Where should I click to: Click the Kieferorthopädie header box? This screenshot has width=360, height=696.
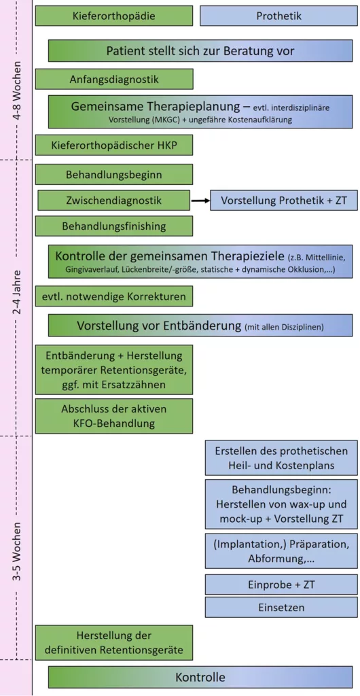[x=114, y=16]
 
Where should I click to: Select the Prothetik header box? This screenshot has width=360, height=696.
[x=279, y=16]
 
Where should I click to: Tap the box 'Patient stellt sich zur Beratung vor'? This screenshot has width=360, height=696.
[x=200, y=50]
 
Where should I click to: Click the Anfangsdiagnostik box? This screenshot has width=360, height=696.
[x=114, y=79]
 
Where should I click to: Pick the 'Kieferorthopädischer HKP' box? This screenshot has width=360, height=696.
[x=114, y=145]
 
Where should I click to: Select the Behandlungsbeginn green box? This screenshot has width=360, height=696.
[x=114, y=175]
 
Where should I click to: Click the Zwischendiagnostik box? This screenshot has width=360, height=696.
[x=114, y=201]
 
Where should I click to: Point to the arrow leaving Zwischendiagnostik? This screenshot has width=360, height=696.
[x=200, y=201]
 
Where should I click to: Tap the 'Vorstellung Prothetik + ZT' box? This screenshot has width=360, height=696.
[x=284, y=201]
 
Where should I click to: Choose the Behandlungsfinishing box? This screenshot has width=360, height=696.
[x=114, y=226]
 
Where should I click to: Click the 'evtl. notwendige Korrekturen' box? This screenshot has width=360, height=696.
[x=114, y=296]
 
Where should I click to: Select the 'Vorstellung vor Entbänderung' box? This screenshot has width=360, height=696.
[x=200, y=326]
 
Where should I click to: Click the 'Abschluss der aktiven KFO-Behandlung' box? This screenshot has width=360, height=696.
[x=114, y=416]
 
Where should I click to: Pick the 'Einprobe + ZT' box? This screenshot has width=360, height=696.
[x=281, y=585]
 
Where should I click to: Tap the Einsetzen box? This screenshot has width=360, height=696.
[x=281, y=607]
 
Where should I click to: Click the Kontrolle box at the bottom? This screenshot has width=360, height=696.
[x=200, y=678]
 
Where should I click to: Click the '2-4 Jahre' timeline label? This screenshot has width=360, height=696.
[x=17, y=291]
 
